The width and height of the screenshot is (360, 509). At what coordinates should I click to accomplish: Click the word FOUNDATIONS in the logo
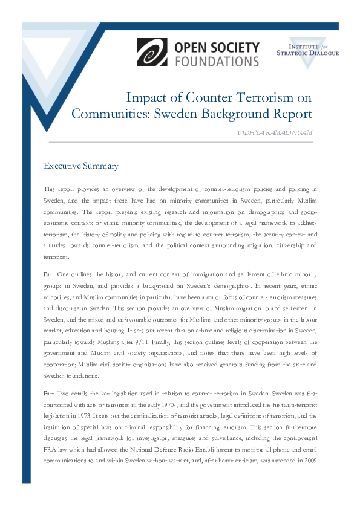pos(217,60)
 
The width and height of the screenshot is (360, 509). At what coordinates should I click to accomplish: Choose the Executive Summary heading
pos(81,166)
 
